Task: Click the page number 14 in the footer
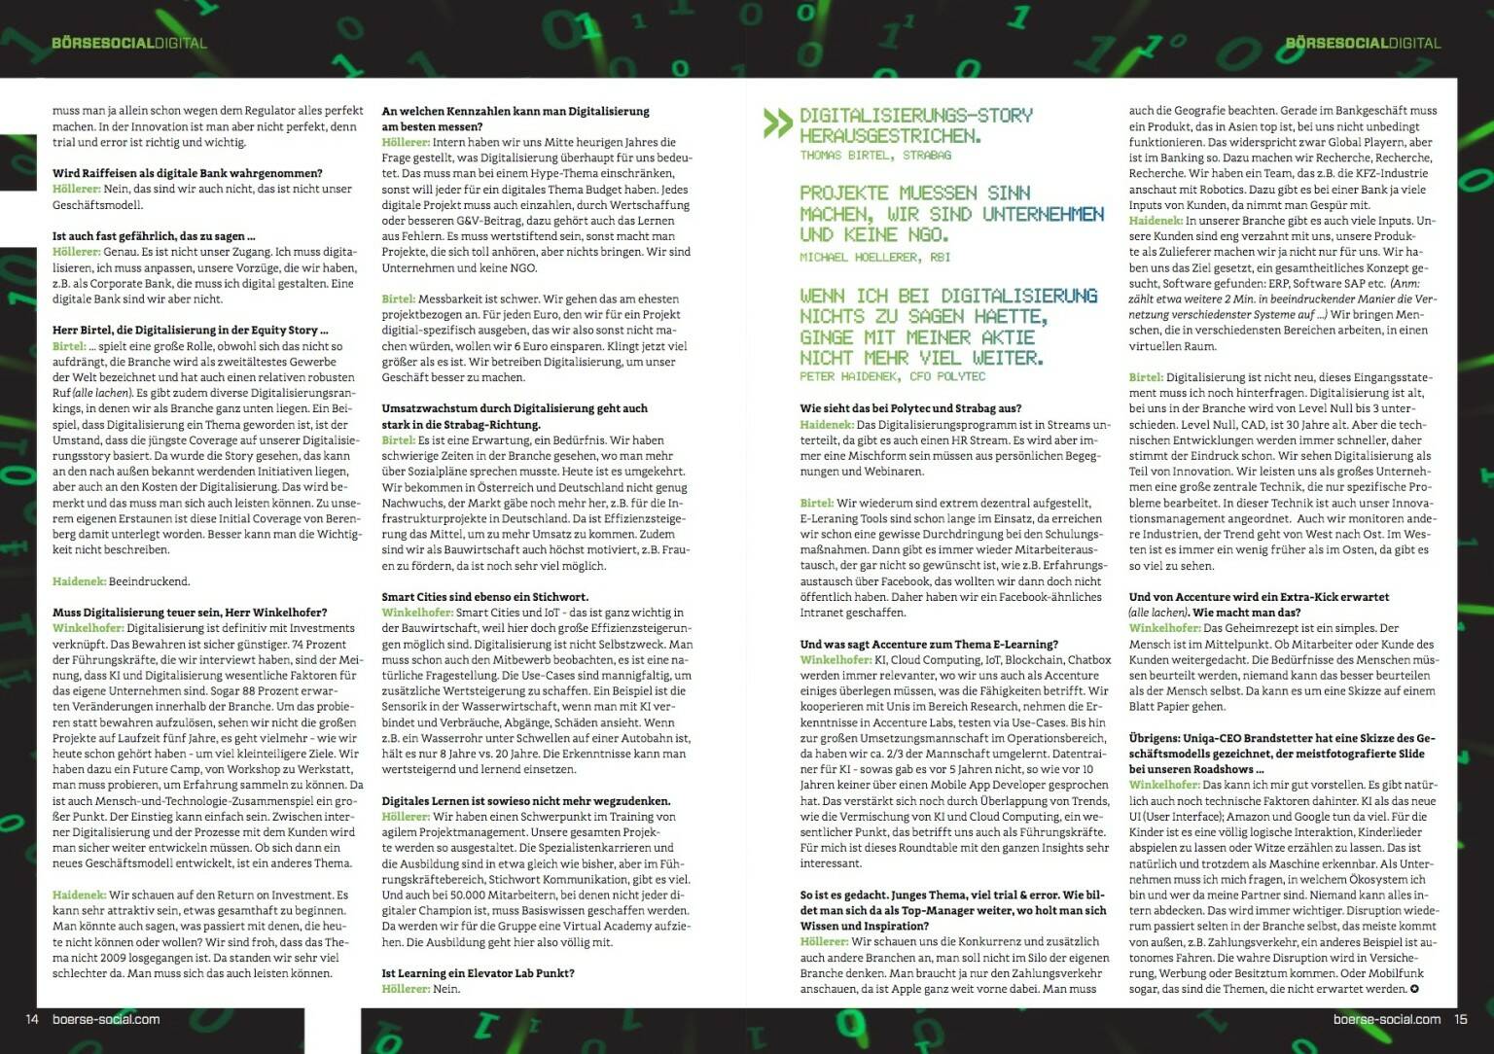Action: pyautogui.click(x=31, y=1019)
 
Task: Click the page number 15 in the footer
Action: pyautogui.click(x=1460, y=1019)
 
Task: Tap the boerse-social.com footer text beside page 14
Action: pyautogui.click(x=105, y=1019)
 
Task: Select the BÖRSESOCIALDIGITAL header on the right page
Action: pyautogui.click(x=1362, y=43)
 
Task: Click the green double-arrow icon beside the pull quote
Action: pyautogui.click(x=777, y=123)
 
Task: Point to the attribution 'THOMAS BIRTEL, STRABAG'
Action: pyautogui.click(x=875, y=156)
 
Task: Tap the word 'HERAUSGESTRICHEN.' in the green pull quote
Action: pyautogui.click(x=890, y=135)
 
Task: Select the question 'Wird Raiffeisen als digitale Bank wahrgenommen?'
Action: pyautogui.click(x=187, y=173)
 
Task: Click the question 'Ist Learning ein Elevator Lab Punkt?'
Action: pyautogui.click(x=478, y=972)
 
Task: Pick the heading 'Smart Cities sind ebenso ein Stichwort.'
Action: pyautogui.click(x=484, y=596)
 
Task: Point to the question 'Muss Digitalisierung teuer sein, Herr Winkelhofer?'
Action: pyautogui.click(x=190, y=613)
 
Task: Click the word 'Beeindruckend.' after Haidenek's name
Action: pyautogui.click(x=150, y=581)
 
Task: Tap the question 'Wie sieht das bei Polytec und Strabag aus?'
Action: pyautogui.click(x=910, y=408)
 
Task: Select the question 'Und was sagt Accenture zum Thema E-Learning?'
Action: pyautogui.click(x=928, y=644)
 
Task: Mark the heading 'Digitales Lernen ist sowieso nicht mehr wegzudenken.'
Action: pyautogui.click(x=525, y=800)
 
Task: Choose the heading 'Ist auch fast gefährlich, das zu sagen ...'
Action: pyautogui.click(x=154, y=236)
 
